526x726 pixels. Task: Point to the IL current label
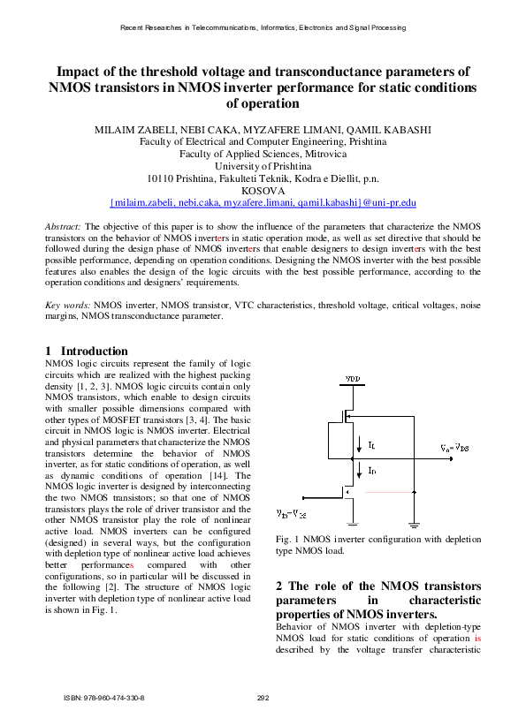(x=371, y=444)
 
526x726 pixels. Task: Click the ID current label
(x=371, y=472)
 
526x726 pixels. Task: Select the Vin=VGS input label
(x=292, y=512)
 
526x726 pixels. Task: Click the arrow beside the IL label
(x=359, y=442)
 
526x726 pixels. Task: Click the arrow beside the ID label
(x=359, y=469)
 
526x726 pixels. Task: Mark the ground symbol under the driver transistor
(x=352, y=526)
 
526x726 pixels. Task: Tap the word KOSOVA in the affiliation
(x=263, y=190)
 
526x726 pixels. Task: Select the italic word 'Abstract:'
(x=64, y=227)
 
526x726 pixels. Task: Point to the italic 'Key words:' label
(x=68, y=305)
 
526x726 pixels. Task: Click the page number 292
(x=263, y=698)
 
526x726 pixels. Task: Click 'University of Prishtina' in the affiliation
(x=263, y=165)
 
